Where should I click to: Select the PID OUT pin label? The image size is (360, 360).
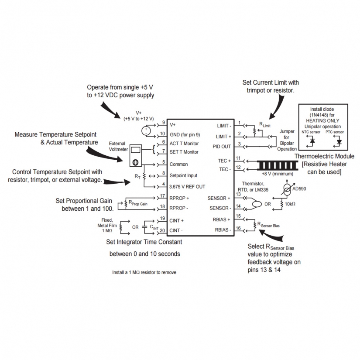(x=222, y=147)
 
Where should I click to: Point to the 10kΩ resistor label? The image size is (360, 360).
(x=291, y=204)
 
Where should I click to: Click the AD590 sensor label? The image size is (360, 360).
(x=299, y=189)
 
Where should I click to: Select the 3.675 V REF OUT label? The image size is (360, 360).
(x=187, y=186)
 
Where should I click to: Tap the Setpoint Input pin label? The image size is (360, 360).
(x=183, y=175)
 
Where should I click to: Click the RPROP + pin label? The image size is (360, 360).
(x=179, y=198)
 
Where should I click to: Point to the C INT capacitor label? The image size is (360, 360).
(x=154, y=226)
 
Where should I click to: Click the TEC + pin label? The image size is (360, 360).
(x=224, y=161)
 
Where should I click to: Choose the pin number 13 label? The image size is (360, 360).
(x=238, y=194)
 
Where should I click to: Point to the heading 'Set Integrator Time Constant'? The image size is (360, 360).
(x=144, y=241)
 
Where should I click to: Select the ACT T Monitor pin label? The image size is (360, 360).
(x=184, y=143)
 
